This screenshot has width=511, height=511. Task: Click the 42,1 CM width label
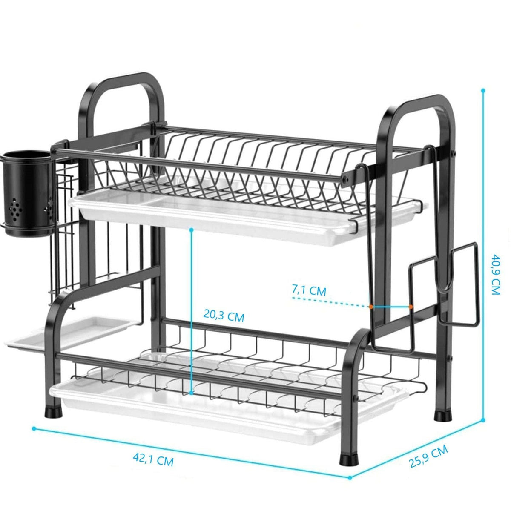pos(153,459)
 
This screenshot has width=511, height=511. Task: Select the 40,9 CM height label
pos(495,275)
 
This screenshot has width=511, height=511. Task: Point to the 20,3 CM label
pos(224,316)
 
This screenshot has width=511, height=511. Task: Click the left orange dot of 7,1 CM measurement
pos(371,307)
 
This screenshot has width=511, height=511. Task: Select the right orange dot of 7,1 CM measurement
pos(411,307)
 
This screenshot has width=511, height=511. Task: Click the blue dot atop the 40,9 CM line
pos(483,91)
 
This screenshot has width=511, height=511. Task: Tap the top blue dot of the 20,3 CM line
pos(192,230)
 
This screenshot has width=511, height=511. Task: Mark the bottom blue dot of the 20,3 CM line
pos(192,393)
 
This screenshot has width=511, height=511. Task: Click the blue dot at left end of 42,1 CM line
pos(34,429)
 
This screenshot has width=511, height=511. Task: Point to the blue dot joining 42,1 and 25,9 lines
pos(350,478)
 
